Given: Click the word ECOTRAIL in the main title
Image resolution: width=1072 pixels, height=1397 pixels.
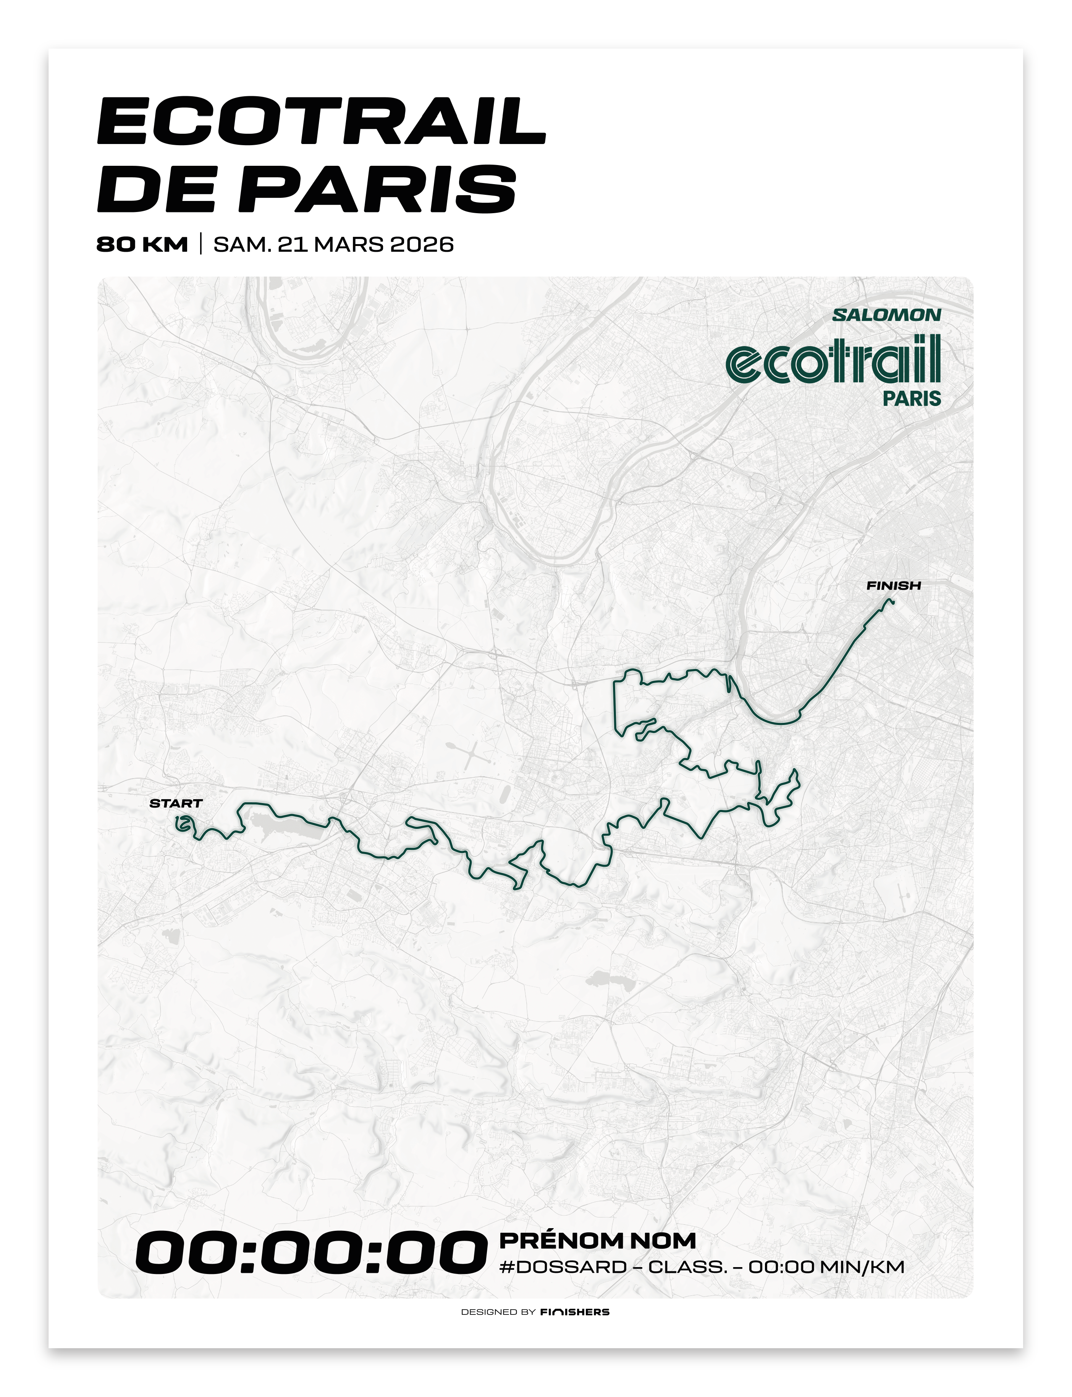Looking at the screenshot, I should coord(321,121).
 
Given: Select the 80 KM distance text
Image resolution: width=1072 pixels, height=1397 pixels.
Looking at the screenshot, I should coord(142,244).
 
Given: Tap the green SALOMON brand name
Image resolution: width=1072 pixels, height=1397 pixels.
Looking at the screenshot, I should coord(886,315).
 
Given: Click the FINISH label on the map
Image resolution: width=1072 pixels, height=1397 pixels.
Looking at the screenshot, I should coord(893,585).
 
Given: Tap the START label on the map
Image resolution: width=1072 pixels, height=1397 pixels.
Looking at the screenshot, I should coord(175,803).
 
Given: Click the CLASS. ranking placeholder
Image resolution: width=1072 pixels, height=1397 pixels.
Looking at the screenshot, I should coord(688,1267).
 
